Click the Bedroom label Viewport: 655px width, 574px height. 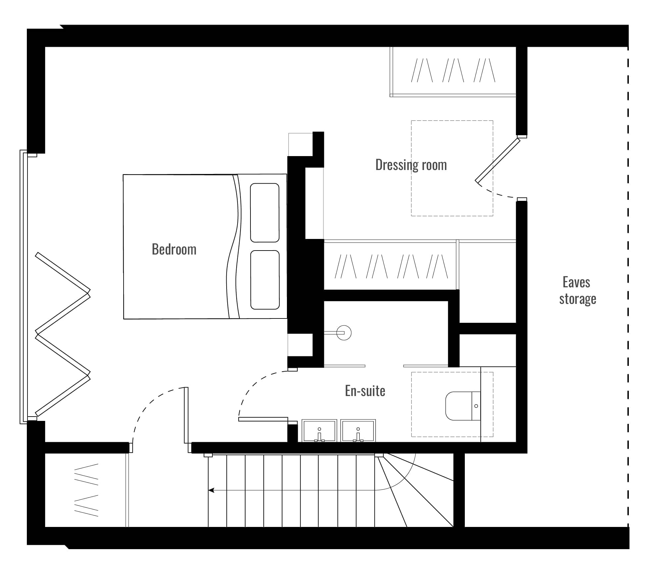[174, 249]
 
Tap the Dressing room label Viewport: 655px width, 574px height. [411, 165]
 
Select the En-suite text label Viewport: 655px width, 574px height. [365, 391]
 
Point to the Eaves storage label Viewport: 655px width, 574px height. [577, 291]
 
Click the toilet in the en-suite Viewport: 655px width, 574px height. [463, 406]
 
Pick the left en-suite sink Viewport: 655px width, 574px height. [319, 430]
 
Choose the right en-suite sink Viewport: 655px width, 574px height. [358, 430]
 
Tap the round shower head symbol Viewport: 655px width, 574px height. [344, 333]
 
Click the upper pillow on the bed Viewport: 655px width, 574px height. [265, 213]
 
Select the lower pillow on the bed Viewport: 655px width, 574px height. [265, 280]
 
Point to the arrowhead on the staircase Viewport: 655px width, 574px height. [211, 490]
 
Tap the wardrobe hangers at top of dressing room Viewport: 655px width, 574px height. [453, 70]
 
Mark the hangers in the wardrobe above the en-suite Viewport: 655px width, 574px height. [391, 266]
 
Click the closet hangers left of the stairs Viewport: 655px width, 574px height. [86, 490]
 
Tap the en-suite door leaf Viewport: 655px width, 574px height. [263, 419]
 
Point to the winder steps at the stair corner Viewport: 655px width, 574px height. [414, 490]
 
